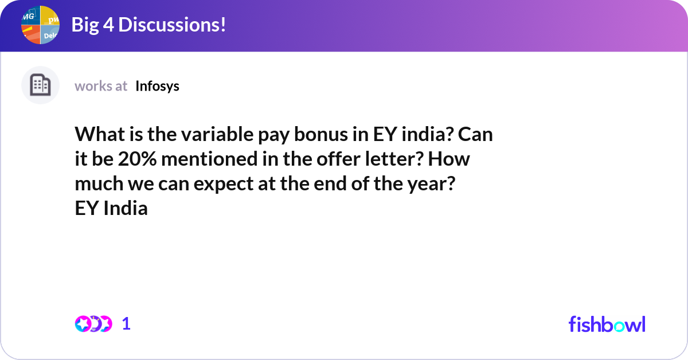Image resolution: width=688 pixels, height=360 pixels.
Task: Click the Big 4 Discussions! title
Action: coord(148,25)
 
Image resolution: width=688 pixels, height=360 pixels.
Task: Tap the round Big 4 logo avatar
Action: coord(40,25)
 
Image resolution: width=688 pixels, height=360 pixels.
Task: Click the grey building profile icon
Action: coord(40,85)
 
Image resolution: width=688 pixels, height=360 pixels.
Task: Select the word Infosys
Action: coord(157,86)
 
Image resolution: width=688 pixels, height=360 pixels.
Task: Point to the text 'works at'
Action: coord(101,86)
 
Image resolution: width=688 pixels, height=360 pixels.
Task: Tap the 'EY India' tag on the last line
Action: coord(111,209)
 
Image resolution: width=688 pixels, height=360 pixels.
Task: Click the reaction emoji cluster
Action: coord(93,324)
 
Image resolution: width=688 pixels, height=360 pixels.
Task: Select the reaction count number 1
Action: coord(126,324)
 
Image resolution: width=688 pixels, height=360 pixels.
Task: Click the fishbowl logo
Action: coord(607,324)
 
